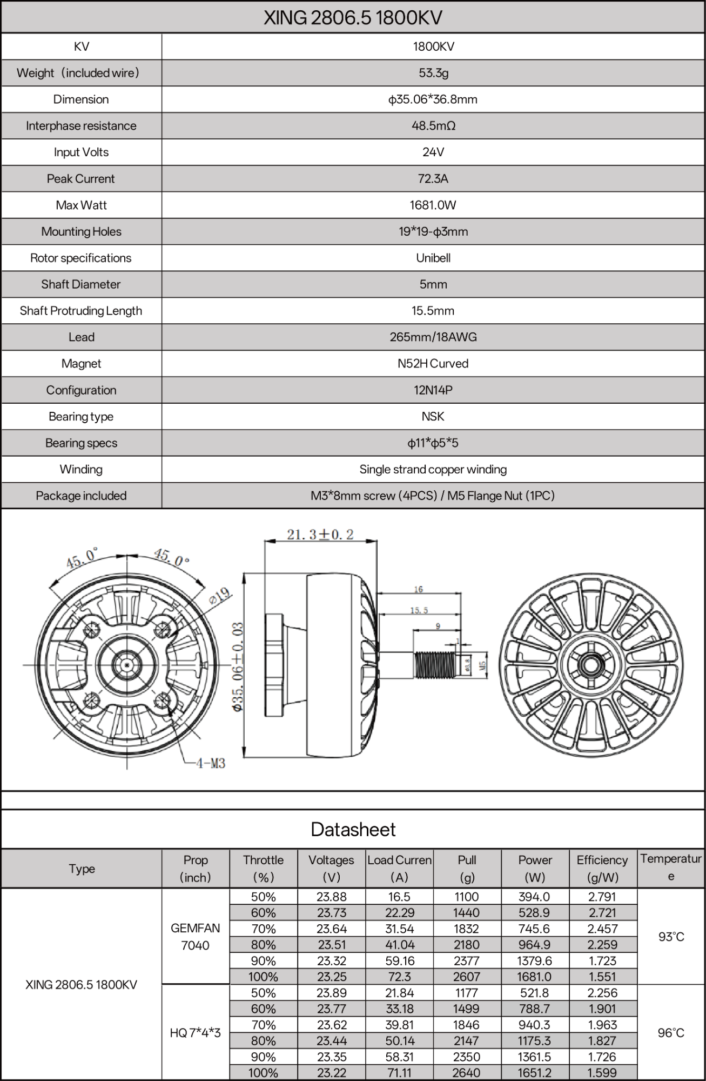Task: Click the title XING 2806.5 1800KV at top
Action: tap(353, 18)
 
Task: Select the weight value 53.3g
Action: tap(433, 73)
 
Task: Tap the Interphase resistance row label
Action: tap(81, 126)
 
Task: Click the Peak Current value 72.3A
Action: tap(433, 179)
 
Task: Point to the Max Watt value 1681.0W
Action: tap(433, 205)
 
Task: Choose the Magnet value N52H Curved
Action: tap(433, 364)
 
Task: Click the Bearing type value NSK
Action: tap(433, 417)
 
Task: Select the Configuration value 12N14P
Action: tap(433, 390)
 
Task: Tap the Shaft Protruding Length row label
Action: tap(81, 311)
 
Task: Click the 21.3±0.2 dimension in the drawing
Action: tap(320, 535)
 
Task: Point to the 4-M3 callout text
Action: tap(211, 763)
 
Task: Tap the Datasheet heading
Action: tap(353, 830)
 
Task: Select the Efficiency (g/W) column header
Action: tap(602, 869)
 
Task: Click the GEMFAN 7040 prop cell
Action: tap(195, 937)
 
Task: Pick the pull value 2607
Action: tap(467, 977)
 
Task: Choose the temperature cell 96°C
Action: tap(671, 1033)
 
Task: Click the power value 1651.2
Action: tap(535, 1073)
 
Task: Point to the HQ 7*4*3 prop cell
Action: tap(195, 1033)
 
